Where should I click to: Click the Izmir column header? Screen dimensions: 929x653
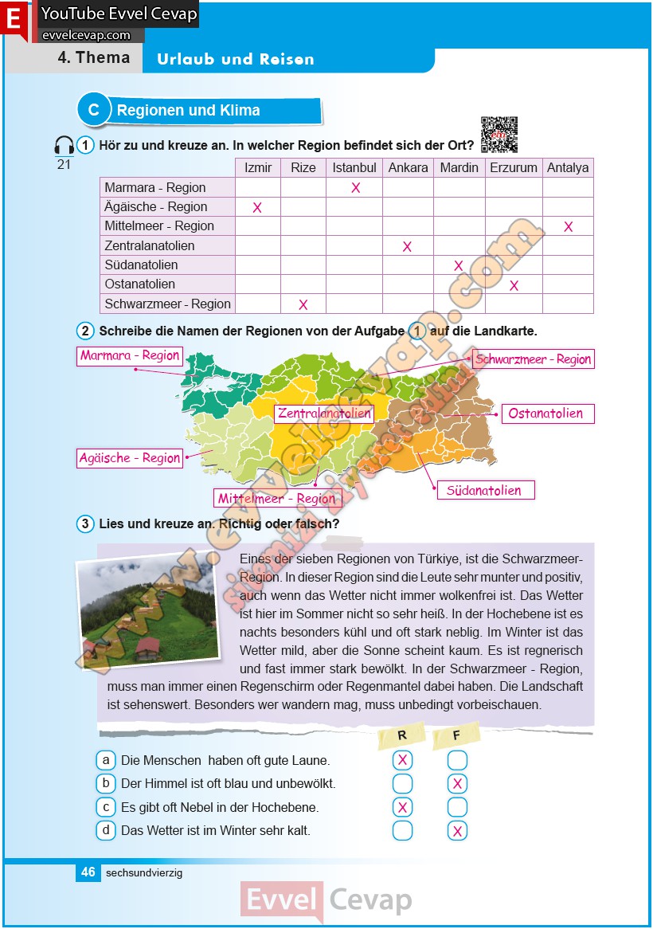click(x=258, y=168)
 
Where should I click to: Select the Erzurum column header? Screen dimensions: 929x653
click(x=513, y=168)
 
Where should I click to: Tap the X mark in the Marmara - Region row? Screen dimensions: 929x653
click(x=356, y=188)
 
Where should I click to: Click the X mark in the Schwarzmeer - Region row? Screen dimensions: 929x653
click(x=303, y=304)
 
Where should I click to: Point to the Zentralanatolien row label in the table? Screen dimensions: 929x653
click(x=150, y=246)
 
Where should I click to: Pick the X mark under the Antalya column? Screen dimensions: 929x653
click(x=568, y=227)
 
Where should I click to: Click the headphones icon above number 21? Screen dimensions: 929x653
click(x=64, y=146)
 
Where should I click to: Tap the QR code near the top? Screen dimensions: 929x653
click(x=499, y=134)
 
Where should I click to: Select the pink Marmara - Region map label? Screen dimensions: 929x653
click(x=130, y=355)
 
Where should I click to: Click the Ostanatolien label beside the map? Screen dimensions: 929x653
click(x=546, y=414)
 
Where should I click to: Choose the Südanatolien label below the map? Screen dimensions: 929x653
click(x=484, y=490)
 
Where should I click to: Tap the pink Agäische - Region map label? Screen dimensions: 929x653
click(x=129, y=458)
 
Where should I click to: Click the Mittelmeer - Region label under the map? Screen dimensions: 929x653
click(x=277, y=499)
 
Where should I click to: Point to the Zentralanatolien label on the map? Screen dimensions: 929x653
click(x=324, y=414)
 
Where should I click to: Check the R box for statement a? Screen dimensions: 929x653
click(x=403, y=760)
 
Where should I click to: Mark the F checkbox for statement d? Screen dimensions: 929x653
click(x=457, y=831)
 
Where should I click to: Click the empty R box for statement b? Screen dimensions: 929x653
click(x=403, y=783)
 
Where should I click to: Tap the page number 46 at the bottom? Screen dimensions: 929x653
click(x=88, y=872)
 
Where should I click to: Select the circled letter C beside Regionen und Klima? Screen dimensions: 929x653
click(x=93, y=111)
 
